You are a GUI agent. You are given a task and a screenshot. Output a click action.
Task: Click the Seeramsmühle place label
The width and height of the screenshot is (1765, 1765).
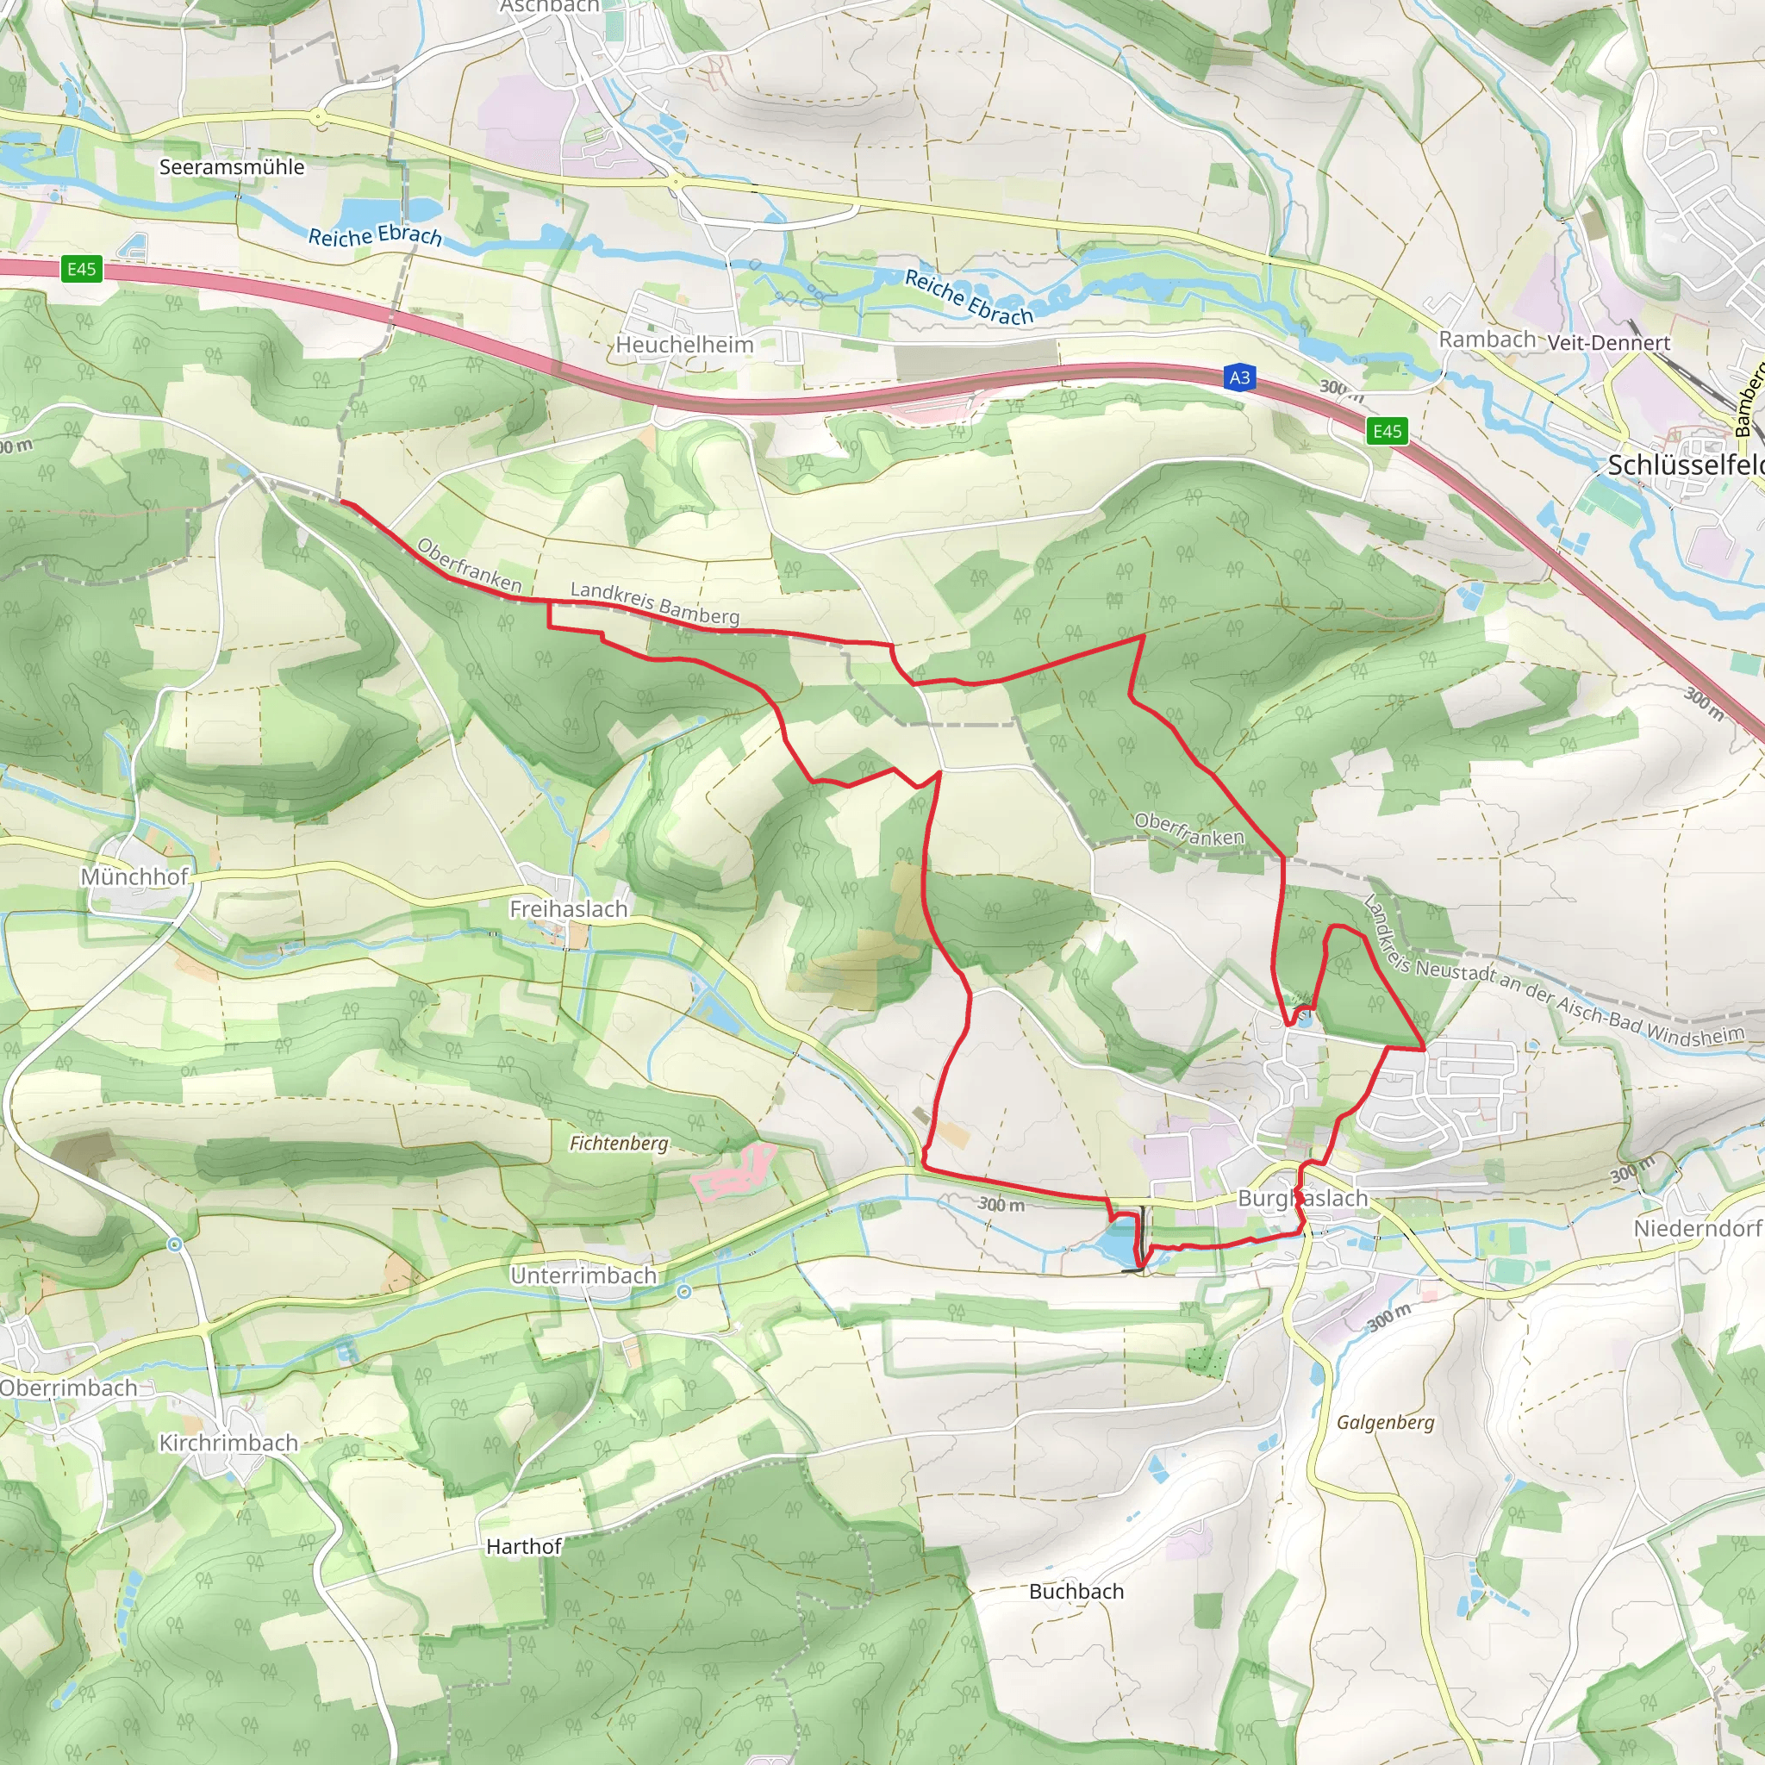tap(231, 167)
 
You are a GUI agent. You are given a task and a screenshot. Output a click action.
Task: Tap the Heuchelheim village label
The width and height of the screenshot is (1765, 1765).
tap(684, 345)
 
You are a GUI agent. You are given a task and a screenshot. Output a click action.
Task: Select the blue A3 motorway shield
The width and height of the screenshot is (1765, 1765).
tap(1238, 377)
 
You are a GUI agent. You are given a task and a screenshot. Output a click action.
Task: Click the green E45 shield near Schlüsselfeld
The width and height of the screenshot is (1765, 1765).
tap(1387, 431)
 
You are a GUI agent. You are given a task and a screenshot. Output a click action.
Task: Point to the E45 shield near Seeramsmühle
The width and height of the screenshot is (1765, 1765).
tap(81, 269)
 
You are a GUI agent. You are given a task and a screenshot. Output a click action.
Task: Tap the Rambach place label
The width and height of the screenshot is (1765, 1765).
tap(1487, 339)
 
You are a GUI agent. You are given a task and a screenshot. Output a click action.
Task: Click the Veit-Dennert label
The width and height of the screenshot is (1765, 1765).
tap(1608, 343)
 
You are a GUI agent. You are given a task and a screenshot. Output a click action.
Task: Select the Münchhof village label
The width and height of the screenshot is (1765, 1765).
tap(134, 876)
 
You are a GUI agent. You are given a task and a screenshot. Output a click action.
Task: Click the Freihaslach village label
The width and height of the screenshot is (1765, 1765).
tap(568, 909)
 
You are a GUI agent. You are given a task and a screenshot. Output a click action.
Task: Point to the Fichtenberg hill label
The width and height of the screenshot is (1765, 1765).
tap(619, 1143)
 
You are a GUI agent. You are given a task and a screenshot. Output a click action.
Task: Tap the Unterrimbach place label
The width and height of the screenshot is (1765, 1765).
tap(583, 1275)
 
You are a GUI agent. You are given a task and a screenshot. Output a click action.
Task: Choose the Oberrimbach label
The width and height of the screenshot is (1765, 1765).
tap(69, 1388)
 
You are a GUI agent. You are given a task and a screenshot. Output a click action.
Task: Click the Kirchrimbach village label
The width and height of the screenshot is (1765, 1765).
tap(228, 1443)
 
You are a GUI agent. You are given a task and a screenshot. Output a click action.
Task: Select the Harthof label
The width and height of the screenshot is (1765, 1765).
tap(522, 1547)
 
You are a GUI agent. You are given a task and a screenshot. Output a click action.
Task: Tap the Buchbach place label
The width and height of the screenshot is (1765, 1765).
tap(1076, 1592)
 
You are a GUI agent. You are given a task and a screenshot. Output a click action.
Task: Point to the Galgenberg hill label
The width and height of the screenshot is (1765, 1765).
tap(1385, 1422)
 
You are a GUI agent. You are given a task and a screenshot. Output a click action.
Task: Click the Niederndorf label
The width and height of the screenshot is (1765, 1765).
tap(1699, 1228)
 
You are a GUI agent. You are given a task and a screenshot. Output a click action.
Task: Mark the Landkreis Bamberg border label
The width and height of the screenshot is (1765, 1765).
tap(654, 603)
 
